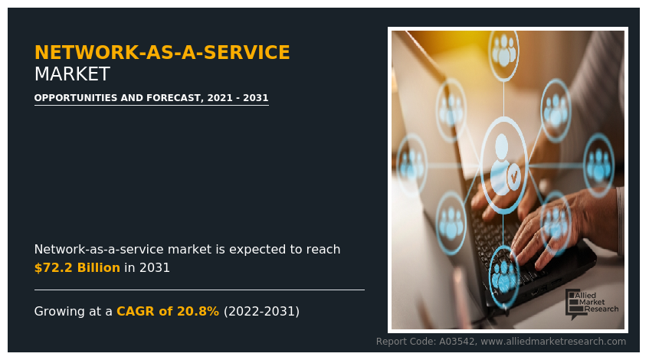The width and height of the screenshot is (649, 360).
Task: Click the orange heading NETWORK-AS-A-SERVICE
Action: (162, 53)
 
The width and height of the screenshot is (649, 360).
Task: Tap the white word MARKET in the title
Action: (72, 74)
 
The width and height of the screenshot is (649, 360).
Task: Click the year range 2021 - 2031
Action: (238, 98)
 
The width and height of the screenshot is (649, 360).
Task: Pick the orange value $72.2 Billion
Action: (77, 268)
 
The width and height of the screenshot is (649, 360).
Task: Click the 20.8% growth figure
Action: (199, 312)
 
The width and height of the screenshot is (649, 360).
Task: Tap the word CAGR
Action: (133, 312)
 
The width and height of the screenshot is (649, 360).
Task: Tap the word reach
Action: (323, 250)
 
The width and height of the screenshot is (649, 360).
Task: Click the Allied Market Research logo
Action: (591, 303)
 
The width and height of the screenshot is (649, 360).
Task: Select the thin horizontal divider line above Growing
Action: (199, 290)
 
